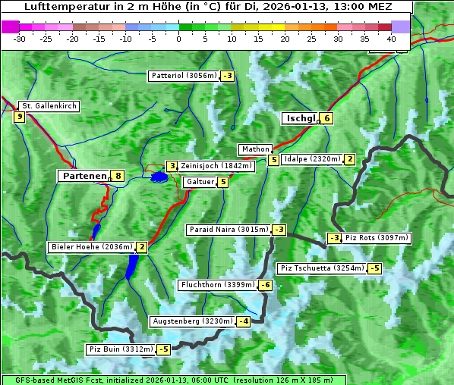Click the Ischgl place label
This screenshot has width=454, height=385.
coord(300,118)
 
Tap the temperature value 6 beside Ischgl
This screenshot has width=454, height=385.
coord(326,118)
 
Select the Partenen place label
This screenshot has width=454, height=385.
coord(84,176)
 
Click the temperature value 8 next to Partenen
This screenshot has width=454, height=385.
coord(118,176)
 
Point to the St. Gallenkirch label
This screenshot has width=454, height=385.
coord(49,106)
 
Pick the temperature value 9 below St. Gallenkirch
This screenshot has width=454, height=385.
coord(19,117)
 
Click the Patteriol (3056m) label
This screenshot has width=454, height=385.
coord(184,76)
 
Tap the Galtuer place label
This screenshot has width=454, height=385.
coord(200,182)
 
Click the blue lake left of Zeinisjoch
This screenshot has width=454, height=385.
coord(159,177)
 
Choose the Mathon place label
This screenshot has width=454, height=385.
coord(254,149)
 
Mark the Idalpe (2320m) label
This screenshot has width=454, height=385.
coord(311,159)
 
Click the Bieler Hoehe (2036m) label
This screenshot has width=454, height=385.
coord(90,247)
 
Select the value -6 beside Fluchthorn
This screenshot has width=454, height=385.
coord(265,285)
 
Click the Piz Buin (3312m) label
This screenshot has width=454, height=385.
coord(120,349)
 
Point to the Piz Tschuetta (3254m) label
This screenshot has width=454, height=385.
coord(321,268)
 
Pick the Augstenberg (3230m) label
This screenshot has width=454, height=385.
coord(192,321)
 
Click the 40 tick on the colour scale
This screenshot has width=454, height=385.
coord(391,38)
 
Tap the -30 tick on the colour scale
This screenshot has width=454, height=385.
coord(20,38)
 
